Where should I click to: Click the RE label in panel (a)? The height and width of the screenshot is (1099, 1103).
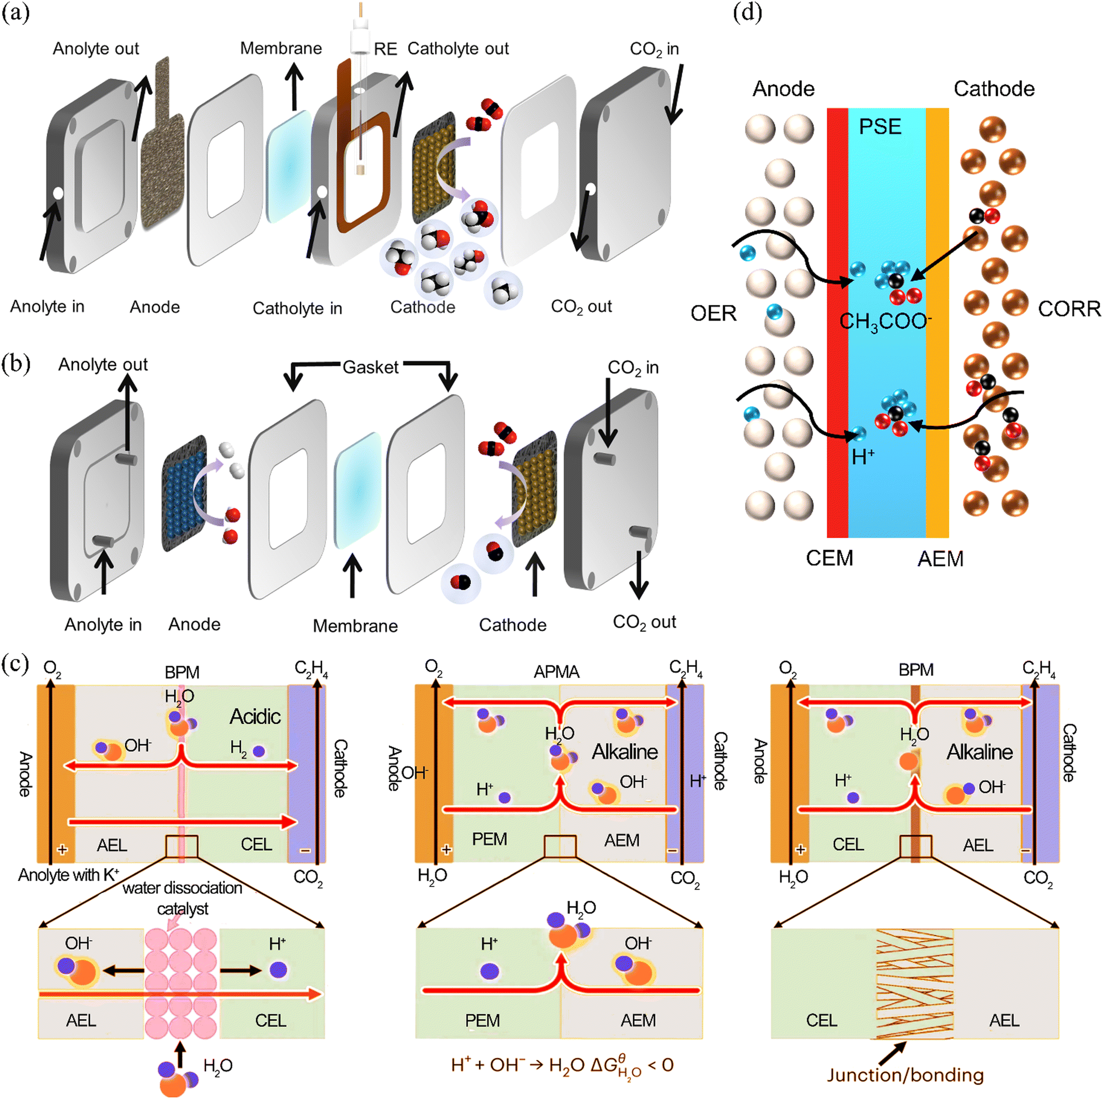pyautogui.click(x=385, y=49)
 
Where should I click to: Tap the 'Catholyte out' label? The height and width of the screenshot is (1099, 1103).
pyautogui.click(x=458, y=49)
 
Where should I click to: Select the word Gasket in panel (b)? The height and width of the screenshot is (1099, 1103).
pyautogui.click(x=371, y=367)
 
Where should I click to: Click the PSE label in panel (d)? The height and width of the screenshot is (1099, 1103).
pyautogui.click(x=880, y=126)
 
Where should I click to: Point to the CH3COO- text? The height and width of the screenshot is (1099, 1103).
pyautogui.click(x=886, y=322)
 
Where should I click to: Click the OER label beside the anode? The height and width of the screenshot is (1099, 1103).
pyautogui.click(x=714, y=313)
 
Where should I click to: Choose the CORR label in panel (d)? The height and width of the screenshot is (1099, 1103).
pyautogui.click(x=1069, y=309)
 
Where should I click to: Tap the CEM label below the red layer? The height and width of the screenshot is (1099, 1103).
pyautogui.click(x=829, y=558)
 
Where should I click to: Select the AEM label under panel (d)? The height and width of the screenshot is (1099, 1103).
pyautogui.click(x=940, y=559)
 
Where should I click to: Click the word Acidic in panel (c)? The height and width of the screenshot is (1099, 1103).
pyautogui.click(x=255, y=716)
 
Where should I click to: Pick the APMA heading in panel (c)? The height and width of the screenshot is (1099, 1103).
pyautogui.click(x=556, y=672)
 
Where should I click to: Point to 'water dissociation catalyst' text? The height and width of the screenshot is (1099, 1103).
pyautogui.click(x=183, y=898)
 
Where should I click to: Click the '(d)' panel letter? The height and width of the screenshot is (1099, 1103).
pyautogui.click(x=748, y=13)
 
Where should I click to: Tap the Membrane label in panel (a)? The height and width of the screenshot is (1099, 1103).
pyautogui.click(x=281, y=49)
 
